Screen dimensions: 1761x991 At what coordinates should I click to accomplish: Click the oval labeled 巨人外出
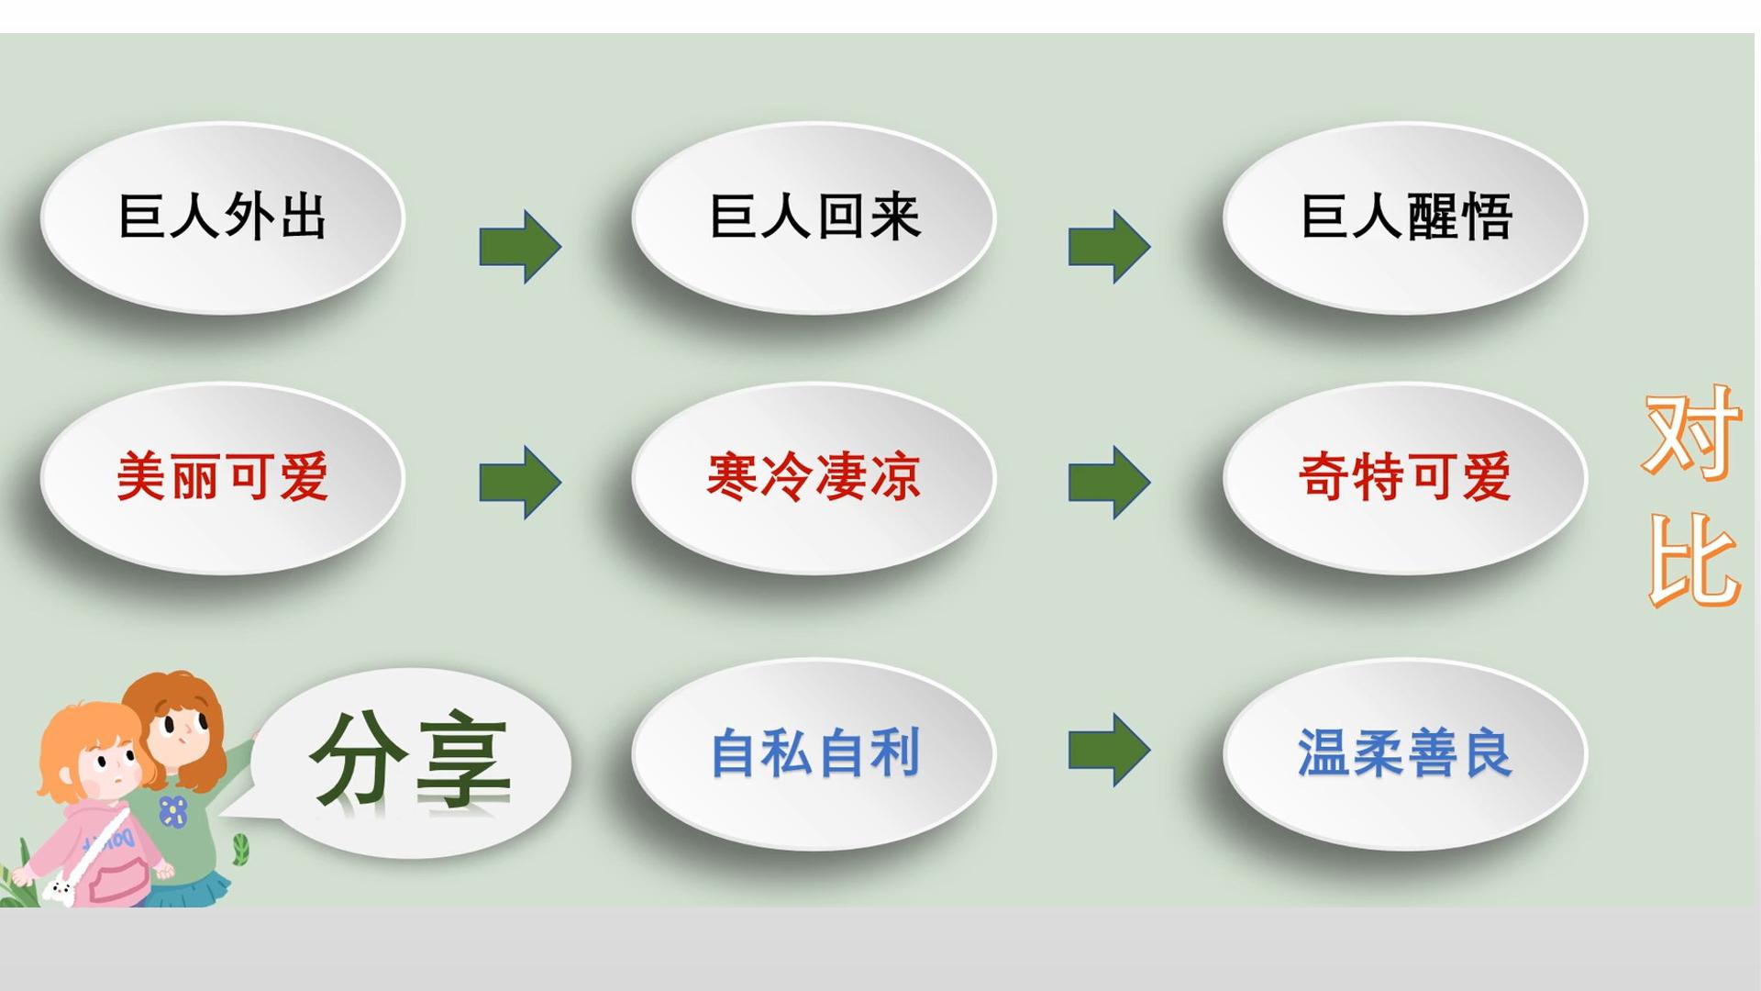click(x=222, y=218)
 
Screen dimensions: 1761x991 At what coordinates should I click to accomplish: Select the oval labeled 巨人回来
click(x=814, y=218)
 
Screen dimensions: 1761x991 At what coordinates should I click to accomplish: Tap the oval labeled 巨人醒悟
click(x=1405, y=218)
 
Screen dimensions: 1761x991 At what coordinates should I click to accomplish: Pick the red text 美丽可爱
click(x=223, y=476)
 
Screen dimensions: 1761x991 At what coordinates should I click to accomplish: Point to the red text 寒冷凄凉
click(x=814, y=476)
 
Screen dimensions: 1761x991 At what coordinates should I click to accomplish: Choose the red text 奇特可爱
click(x=1405, y=476)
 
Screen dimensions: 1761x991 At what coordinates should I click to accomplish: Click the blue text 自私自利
click(x=814, y=752)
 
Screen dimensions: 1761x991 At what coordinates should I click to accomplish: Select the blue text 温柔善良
click(x=1404, y=752)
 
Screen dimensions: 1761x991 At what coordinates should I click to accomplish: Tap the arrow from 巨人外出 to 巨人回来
click(x=520, y=246)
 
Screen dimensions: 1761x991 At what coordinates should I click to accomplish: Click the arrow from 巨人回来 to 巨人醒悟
click(x=1109, y=246)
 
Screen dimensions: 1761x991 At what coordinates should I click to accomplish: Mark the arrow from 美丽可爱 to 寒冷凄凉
click(x=520, y=483)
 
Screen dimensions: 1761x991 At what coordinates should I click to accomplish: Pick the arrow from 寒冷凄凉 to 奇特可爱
click(x=1109, y=483)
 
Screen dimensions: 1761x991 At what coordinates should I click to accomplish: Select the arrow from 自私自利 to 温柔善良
click(x=1109, y=750)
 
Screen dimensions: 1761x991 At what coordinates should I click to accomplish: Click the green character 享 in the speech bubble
click(x=462, y=762)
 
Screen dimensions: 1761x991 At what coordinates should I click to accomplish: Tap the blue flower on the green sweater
click(x=172, y=811)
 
